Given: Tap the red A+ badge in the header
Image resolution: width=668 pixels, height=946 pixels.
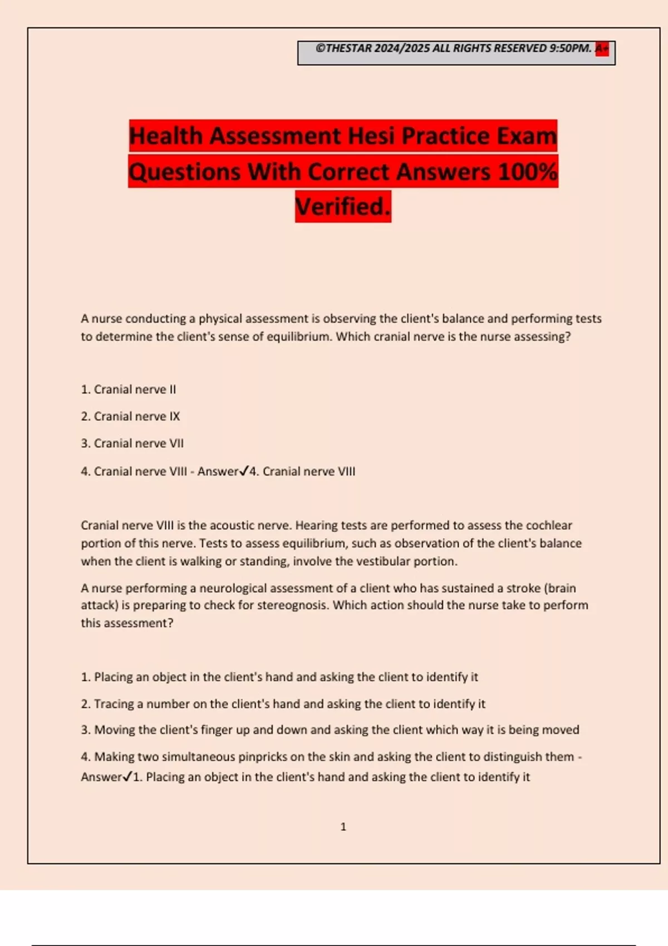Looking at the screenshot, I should pyautogui.click(x=602, y=48).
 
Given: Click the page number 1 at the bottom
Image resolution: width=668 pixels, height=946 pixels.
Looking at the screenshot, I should pyautogui.click(x=343, y=827).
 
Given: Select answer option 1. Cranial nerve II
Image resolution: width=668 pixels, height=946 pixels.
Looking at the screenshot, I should pyautogui.click(x=129, y=390).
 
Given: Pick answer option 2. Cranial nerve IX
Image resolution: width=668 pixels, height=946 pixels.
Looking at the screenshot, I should pyautogui.click(x=130, y=416).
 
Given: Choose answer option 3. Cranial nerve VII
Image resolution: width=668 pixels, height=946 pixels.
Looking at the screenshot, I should pyautogui.click(x=132, y=444).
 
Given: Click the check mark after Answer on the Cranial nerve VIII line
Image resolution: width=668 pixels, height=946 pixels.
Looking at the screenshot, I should pyautogui.click(x=244, y=471).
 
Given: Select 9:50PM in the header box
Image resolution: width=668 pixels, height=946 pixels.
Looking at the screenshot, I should pyautogui.click(x=570, y=48).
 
